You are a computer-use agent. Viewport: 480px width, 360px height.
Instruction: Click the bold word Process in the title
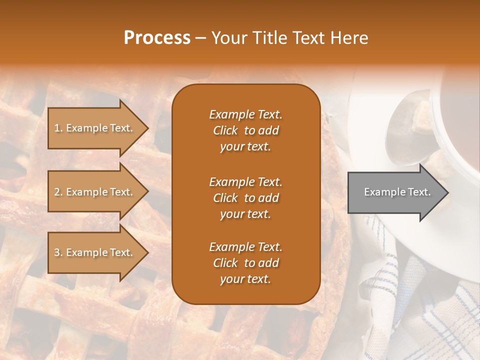157,38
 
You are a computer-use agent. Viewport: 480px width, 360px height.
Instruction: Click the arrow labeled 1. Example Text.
95,128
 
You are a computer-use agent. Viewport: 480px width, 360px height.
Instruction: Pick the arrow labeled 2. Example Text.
95,192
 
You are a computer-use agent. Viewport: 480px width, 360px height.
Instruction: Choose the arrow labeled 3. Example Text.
95,252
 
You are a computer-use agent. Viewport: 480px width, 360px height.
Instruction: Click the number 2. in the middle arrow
58,192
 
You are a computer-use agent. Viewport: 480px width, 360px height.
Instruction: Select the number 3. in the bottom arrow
58,252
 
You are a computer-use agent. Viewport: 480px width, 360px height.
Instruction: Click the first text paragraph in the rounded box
245,130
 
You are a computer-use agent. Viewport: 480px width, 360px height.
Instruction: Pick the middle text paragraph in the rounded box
245,198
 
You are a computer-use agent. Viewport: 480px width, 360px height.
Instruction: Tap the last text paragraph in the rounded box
245,263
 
